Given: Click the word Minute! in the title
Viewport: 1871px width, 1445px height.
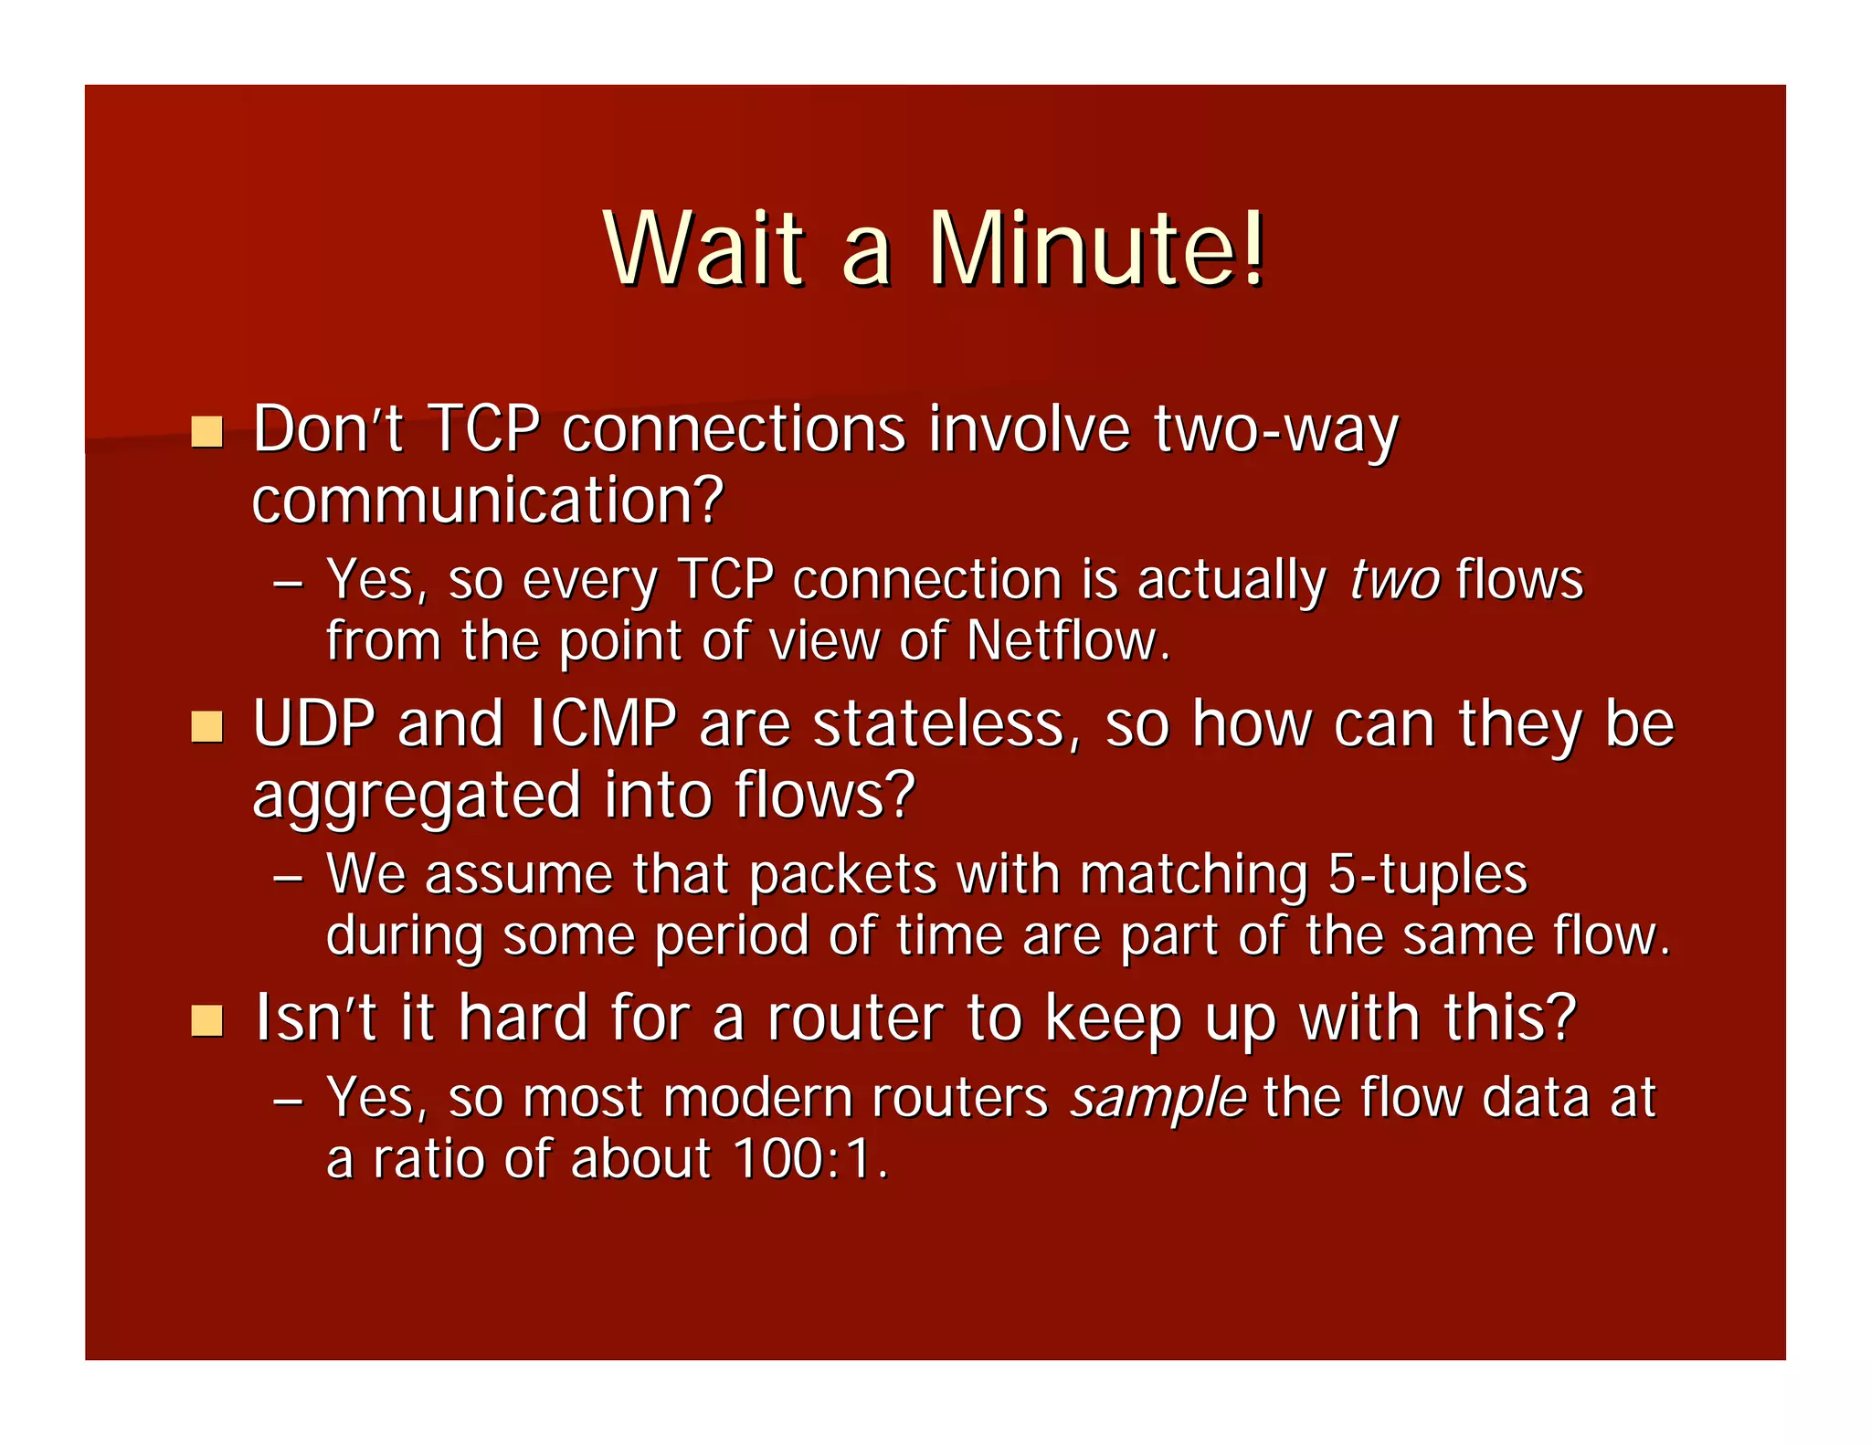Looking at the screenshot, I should (1096, 248).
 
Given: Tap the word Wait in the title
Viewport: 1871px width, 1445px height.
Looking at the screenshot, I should (704, 248).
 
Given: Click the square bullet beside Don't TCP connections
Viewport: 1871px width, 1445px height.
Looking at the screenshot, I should (207, 431).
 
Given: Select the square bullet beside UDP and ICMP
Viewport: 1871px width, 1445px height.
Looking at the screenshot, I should (207, 727).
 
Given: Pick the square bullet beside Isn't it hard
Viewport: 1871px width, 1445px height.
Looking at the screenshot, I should (207, 1021).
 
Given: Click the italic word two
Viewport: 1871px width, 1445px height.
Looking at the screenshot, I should (1394, 580).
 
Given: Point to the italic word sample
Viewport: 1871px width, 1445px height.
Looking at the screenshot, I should (1158, 1097).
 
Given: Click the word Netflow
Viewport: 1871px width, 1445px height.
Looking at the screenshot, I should (1067, 640).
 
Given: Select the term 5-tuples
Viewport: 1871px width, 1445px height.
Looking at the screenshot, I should (1427, 875).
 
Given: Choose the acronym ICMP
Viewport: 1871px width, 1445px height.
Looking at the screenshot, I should (603, 723).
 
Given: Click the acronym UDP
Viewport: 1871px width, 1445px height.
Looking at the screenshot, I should (314, 723).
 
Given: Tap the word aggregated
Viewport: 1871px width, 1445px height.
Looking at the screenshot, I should (416, 796).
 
